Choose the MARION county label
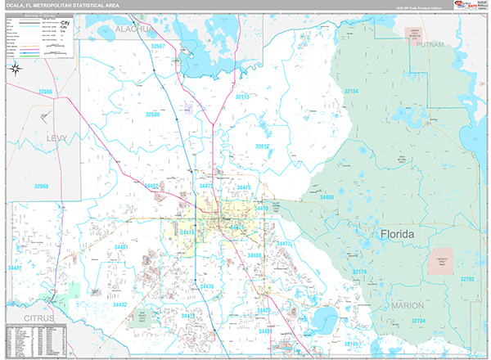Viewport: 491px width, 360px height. coord(407,305)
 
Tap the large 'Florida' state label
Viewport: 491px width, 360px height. coord(397,235)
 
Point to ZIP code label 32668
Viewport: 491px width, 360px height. coord(41,187)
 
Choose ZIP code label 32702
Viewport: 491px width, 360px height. coord(467,280)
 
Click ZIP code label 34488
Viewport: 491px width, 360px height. coord(327,198)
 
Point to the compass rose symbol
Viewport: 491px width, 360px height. coord(16,69)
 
